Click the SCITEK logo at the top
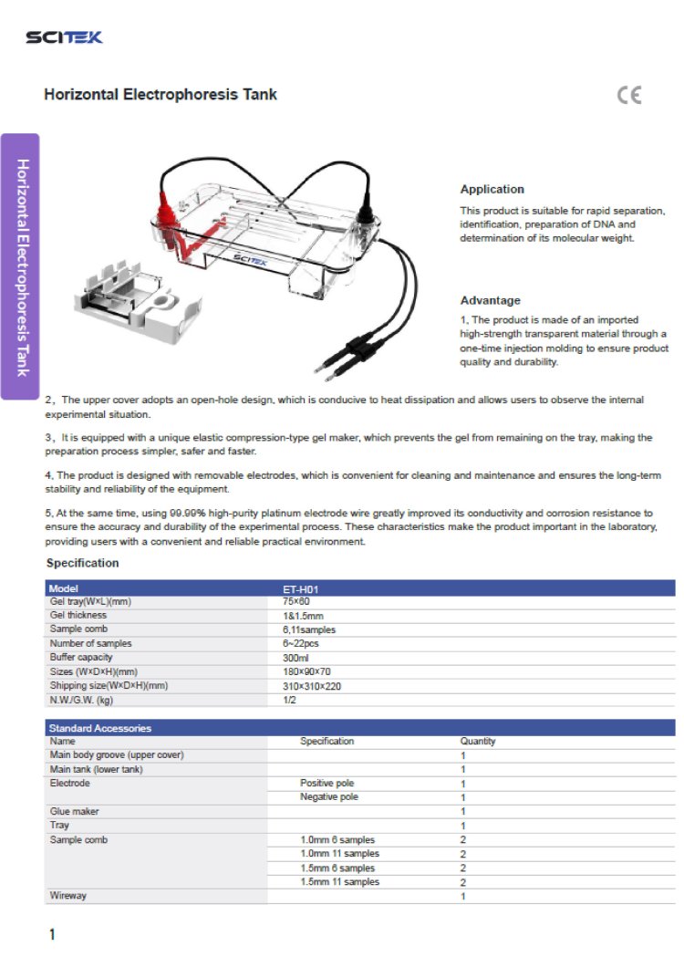click(64, 37)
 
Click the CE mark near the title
click(629, 95)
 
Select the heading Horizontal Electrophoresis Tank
click(161, 95)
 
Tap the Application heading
click(492, 190)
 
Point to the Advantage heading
click(490, 300)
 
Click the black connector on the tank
click(367, 215)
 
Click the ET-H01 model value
click(300, 589)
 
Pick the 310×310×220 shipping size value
click(312, 686)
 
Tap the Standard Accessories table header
click(100, 728)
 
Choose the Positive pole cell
click(326, 784)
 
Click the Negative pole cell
click(329, 797)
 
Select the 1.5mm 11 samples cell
click(339, 882)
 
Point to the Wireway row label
click(68, 896)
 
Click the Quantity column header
click(478, 742)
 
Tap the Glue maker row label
click(75, 811)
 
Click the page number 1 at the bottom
click(52, 934)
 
